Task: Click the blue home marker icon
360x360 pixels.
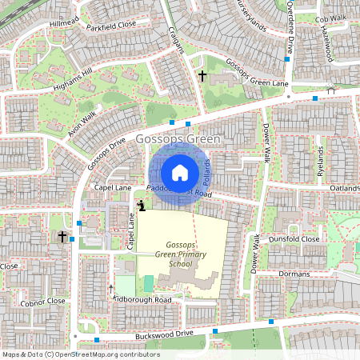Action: coord(180,172)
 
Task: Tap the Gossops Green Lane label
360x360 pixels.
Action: coord(256,73)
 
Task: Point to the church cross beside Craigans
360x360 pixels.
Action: coord(202,76)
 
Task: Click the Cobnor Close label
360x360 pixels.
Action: coord(44,301)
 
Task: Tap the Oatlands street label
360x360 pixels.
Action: coord(345,189)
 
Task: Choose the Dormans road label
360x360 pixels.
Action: coord(293,274)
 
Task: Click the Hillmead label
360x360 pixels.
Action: coord(65,25)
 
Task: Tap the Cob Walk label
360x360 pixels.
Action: coord(331,18)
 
